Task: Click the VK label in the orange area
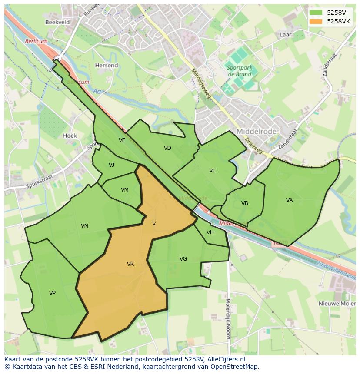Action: (x=130, y=264)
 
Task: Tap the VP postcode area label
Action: (x=52, y=293)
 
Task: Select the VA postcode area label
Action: (x=290, y=200)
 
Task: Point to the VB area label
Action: (x=245, y=203)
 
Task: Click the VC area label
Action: (x=213, y=171)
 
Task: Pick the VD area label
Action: (x=167, y=148)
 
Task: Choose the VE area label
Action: (x=122, y=140)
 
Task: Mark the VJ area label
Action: (x=112, y=165)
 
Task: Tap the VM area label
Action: (x=125, y=190)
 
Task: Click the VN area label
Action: (x=84, y=226)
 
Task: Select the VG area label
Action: (x=183, y=259)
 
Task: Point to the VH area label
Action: (x=210, y=232)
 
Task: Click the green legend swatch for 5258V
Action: (x=316, y=13)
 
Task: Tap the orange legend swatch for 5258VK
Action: (x=316, y=21)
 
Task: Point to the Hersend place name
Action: (x=107, y=66)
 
